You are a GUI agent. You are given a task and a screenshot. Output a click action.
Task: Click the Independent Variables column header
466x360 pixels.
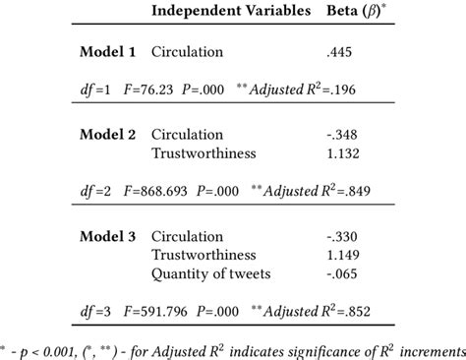tap(229, 12)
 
